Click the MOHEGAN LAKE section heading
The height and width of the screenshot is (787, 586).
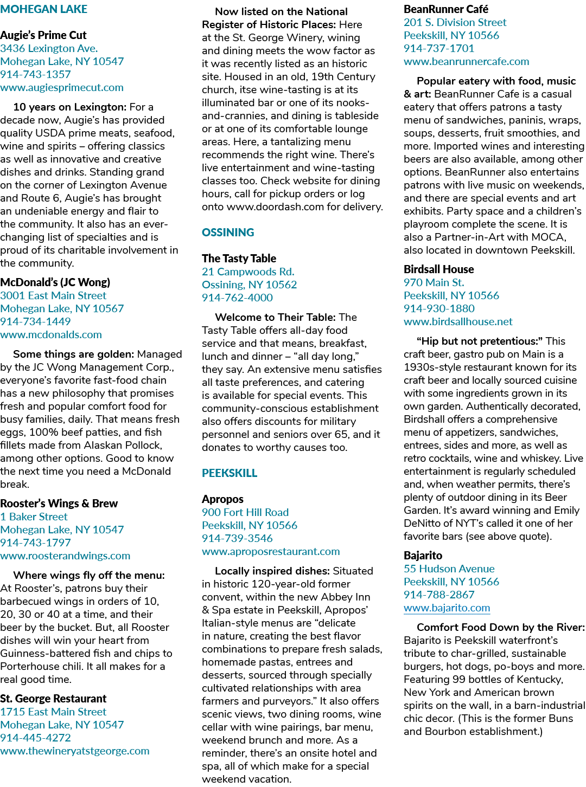[x=44, y=9]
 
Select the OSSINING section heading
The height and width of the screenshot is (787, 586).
[x=228, y=233]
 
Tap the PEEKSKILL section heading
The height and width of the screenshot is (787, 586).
[x=230, y=473]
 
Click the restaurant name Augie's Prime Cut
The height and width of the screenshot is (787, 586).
[x=43, y=35]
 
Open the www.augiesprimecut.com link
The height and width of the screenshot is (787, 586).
[x=62, y=88]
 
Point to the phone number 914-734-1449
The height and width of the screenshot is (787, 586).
[x=35, y=321]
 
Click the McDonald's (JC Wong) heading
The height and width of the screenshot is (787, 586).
[x=55, y=282]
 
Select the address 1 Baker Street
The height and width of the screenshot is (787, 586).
[x=34, y=517]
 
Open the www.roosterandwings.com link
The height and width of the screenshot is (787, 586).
[x=65, y=556]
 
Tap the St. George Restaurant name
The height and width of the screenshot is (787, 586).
[x=53, y=699]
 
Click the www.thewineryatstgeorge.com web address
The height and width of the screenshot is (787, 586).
[x=75, y=751]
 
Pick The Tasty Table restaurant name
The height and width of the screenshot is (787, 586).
[x=239, y=259]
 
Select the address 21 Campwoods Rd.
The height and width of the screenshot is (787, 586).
[x=248, y=272]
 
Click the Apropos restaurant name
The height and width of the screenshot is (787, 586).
[x=222, y=499]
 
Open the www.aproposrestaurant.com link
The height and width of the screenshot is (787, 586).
[x=271, y=551]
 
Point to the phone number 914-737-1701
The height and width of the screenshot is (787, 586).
[x=439, y=48]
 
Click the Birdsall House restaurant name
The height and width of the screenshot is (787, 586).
[x=439, y=269]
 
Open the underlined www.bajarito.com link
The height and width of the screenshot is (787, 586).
[x=447, y=608]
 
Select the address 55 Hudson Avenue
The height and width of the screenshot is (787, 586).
[x=449, y=569]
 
